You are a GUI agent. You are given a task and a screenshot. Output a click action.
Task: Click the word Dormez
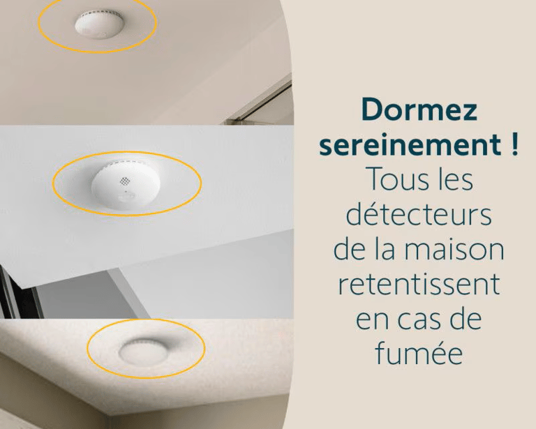[419, 110]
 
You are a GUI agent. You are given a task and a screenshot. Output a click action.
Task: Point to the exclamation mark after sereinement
[515, 144]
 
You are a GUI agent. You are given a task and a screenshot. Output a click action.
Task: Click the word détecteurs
[419, 214]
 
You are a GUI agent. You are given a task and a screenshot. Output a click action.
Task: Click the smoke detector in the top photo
[99, 24]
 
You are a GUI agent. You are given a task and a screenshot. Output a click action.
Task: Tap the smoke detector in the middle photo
[126, 184]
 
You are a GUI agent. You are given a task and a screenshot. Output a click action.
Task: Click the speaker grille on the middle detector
[124, 181]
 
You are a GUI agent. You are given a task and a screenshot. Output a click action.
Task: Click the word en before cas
[373, 320]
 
